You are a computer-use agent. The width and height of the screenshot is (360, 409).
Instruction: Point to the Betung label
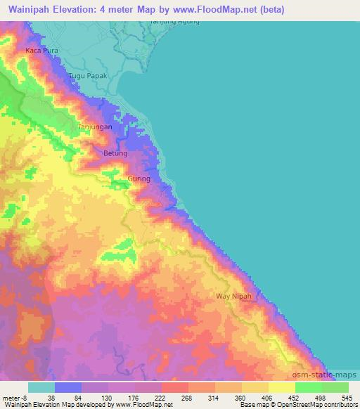click(x=115, y=153)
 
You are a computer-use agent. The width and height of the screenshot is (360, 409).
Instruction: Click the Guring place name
click(x=139, y=179)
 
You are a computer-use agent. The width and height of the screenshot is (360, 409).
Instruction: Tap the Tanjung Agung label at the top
click(x=174, y=21)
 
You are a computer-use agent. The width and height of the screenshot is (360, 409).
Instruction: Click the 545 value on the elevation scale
click(x=349, y=397)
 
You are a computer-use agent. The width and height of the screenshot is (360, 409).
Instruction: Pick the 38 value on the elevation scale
click(x=53, y=397)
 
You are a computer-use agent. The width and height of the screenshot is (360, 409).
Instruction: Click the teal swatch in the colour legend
click(x=41, y=387)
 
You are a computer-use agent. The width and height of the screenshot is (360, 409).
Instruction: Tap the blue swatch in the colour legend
click(x=69, y=387)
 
